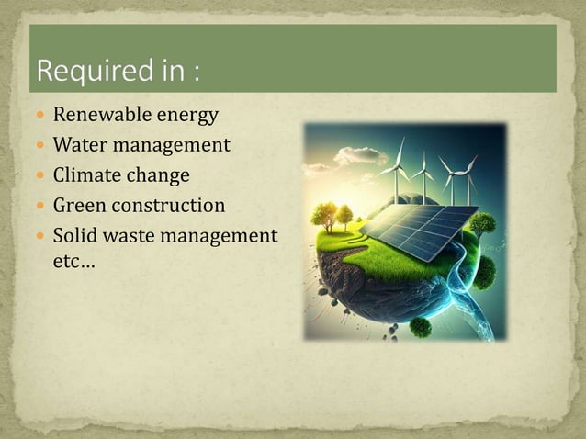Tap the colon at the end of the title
tap(195, 73)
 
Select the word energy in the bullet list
tap(189, 117)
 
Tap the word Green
tap(80, 205)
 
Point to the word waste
tap(130, 235)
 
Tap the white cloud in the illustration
tap(358, 156)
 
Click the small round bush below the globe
tap(421, 326)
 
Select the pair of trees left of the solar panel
tap(332, 216)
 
